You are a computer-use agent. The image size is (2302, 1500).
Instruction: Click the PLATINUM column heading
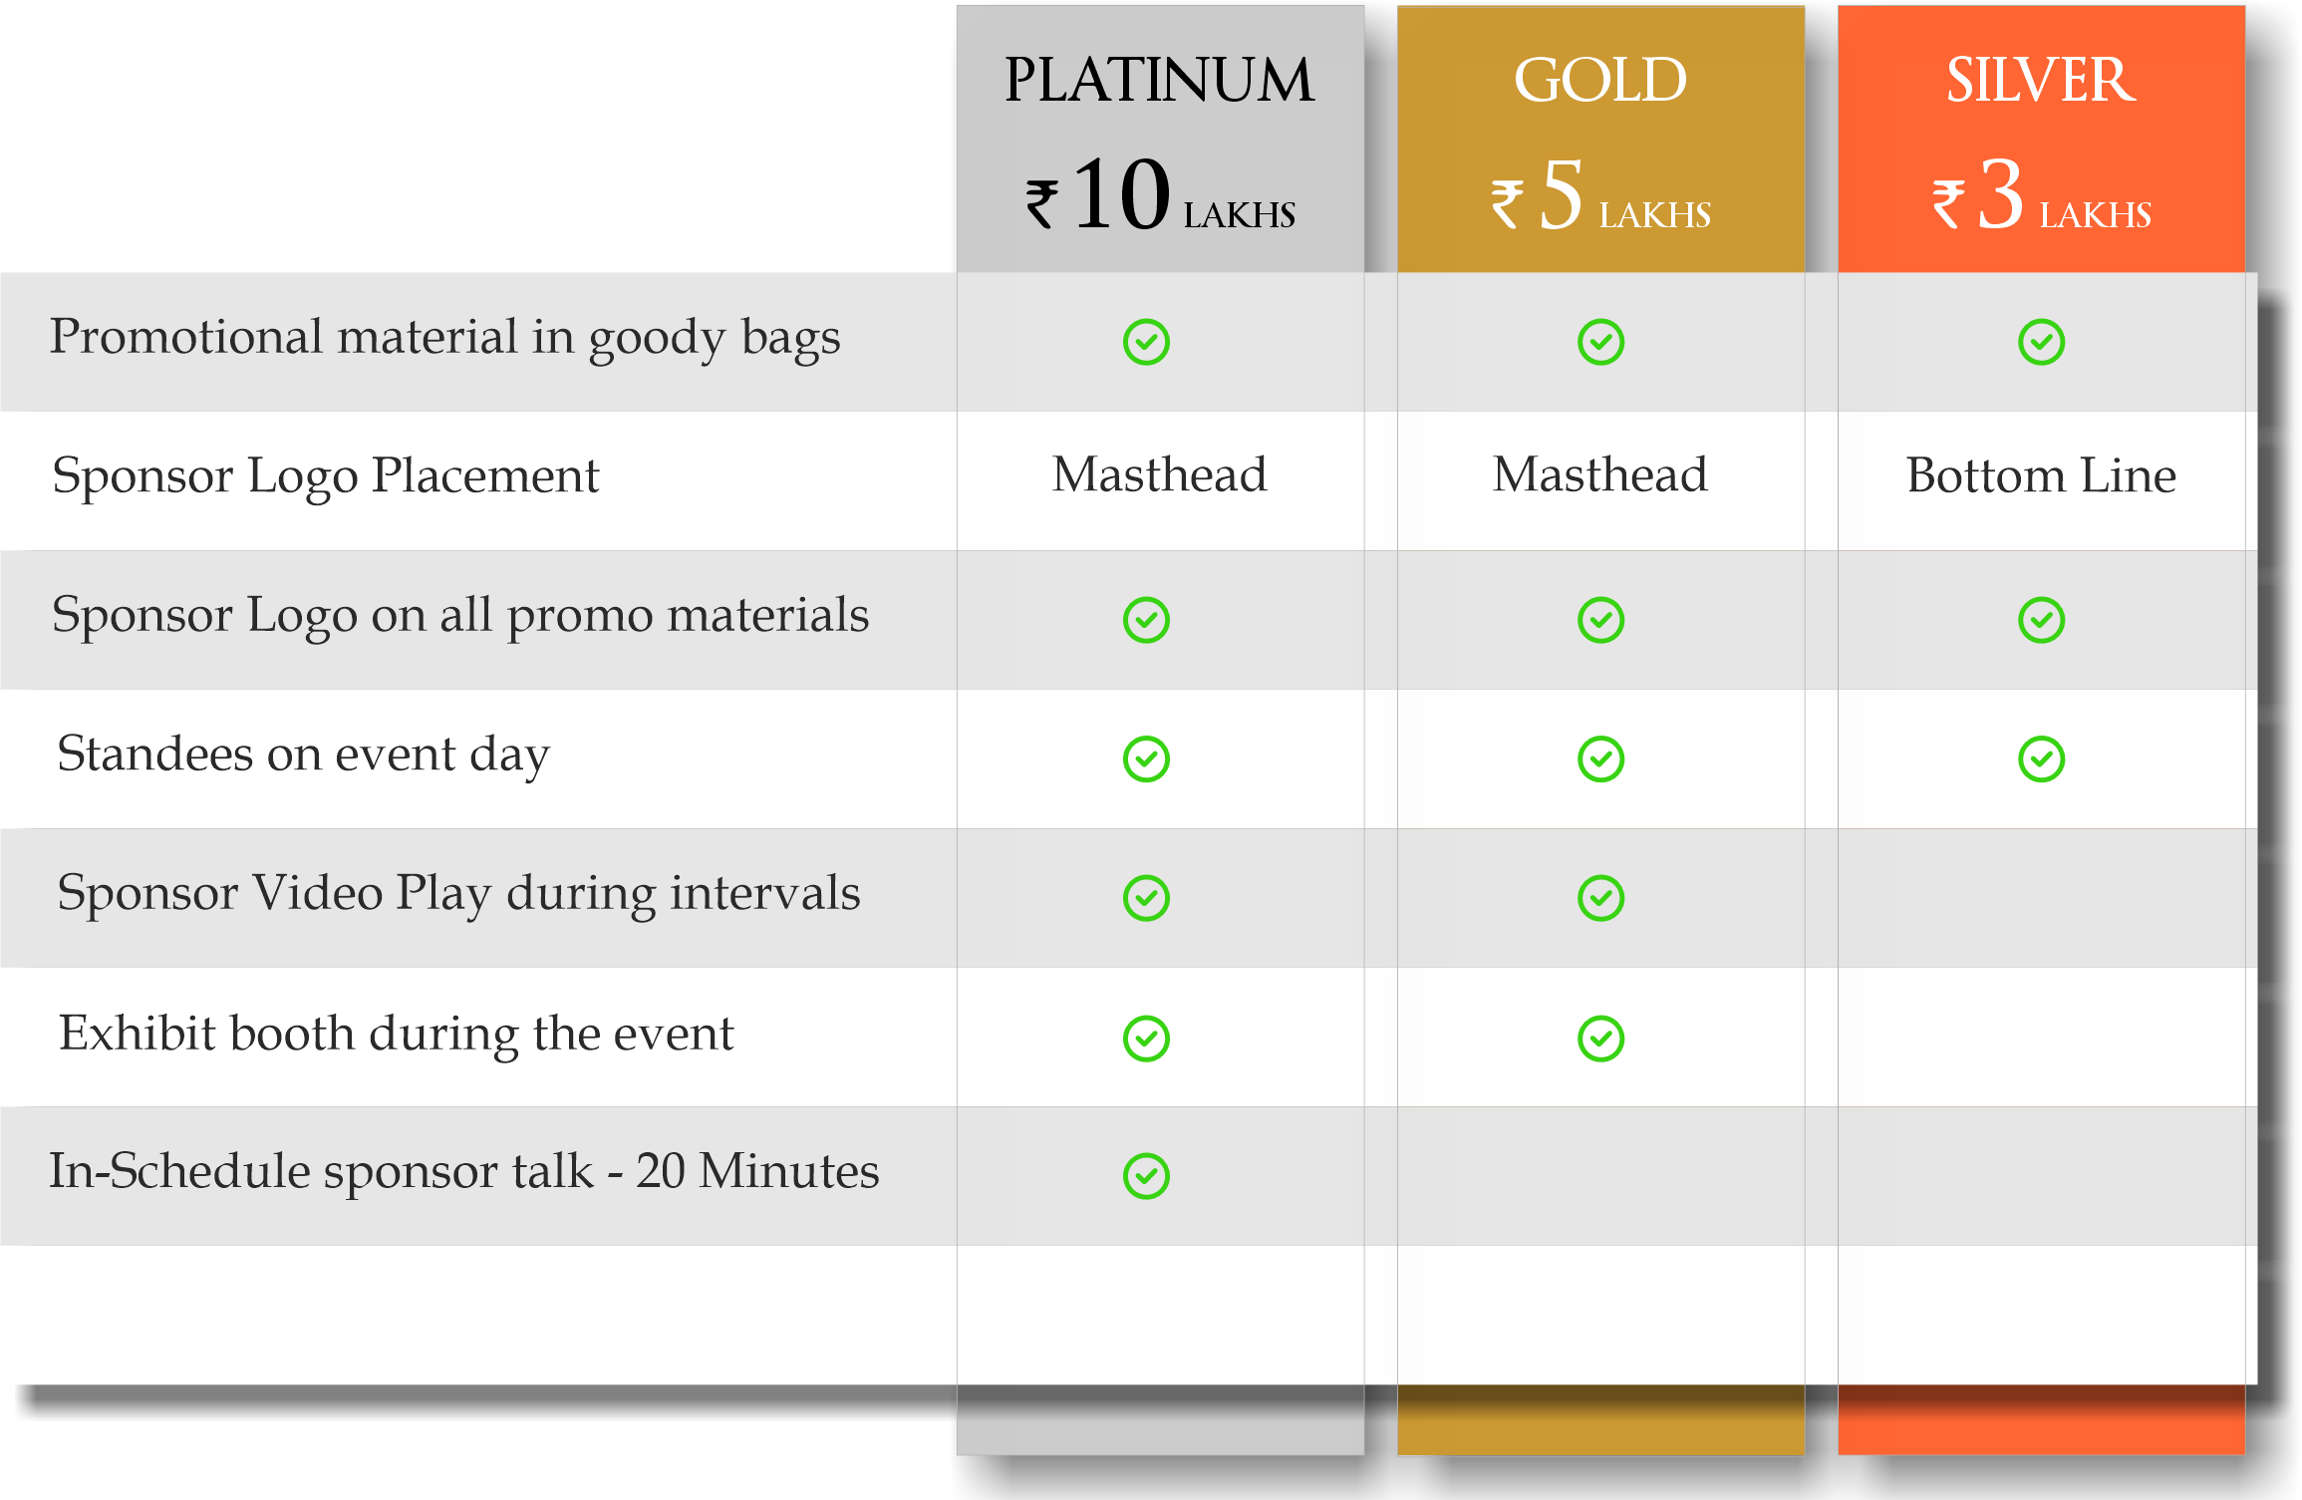(1159, 80)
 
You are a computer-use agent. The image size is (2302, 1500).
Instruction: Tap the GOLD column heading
(1600, 80)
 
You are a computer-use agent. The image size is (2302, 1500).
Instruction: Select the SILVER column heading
(2041, 80)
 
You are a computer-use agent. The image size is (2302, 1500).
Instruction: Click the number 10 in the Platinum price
(1121, 194)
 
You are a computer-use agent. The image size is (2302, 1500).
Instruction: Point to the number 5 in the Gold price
(1562, 194)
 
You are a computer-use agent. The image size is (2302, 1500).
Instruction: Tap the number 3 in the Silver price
(2001, 194)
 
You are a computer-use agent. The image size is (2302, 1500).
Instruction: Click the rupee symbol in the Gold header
(1508, 204)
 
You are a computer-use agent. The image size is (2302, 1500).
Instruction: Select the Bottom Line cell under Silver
(2041, 475)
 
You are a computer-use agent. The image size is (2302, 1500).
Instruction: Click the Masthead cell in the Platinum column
(1160, 474)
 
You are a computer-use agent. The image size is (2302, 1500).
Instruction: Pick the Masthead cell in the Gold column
(1600, 474)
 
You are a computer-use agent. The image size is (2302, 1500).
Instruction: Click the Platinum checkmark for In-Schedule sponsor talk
(1146, 1176)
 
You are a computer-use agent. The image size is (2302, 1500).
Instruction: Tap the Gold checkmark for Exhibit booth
(1601, 1039)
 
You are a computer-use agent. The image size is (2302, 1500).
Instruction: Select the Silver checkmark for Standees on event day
(2042, 759)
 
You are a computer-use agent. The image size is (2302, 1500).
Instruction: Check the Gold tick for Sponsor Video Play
(1601, 898)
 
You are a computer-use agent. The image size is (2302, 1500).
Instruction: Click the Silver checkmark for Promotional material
(2042, 342)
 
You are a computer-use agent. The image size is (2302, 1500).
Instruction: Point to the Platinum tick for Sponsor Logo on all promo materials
(1146, 620)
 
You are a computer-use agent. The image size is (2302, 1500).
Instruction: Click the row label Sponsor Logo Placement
(326, 476)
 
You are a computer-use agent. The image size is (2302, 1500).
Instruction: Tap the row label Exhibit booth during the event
(397, 1035)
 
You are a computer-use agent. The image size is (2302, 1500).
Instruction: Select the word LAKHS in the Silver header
(2096, 215)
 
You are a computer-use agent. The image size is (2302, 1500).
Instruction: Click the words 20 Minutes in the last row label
(758, 1171)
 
